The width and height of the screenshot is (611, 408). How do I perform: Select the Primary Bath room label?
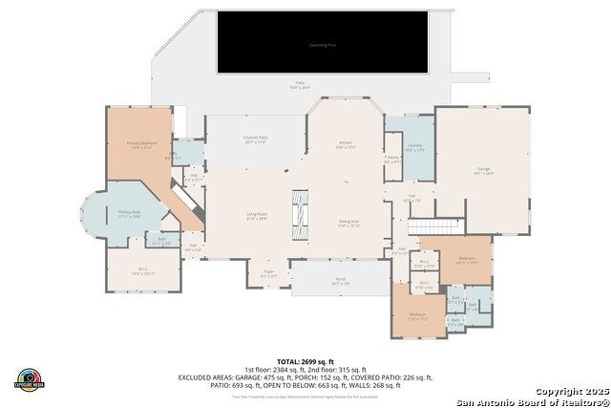[x=129, y=214]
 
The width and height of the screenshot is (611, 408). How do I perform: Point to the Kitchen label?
[x=344, y=145]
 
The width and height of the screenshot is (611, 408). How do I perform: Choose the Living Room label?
[x=257, y=217]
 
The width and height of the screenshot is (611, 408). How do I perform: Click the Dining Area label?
[x=349, y=224]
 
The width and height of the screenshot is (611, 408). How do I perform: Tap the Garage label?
[x=484, y=171]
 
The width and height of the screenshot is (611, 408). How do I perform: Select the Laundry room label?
[x=415, y=148]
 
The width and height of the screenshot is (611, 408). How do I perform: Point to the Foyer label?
[x=256, y=274]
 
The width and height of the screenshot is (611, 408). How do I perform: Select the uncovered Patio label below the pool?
[x=300, y=86]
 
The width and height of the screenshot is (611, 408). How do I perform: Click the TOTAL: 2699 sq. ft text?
[x=305, y=359]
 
